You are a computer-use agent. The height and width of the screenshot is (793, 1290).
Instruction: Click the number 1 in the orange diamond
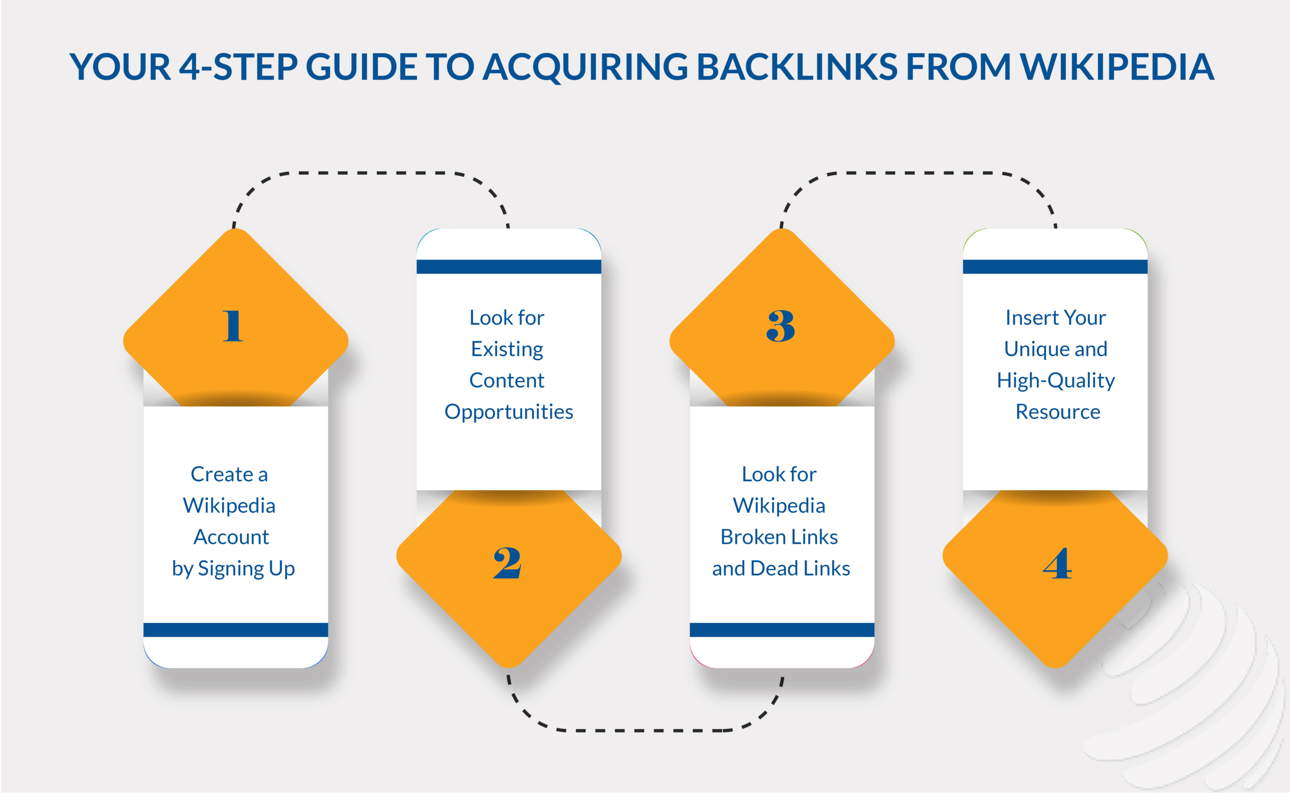[232, 326]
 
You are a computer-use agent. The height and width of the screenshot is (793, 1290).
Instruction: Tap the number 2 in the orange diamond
[507, 563]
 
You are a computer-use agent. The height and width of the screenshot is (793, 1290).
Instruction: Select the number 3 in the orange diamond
[780, 326]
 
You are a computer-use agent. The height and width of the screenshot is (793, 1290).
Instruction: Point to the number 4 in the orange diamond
[1057, 563]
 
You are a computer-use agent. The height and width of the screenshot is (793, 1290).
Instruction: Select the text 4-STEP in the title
[239, 67]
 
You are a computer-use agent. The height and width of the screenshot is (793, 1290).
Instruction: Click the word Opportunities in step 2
[508, 412]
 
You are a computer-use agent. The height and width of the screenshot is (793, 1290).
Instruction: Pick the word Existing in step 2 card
[507, 349]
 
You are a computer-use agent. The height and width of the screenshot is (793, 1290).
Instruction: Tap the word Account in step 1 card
[231, 537]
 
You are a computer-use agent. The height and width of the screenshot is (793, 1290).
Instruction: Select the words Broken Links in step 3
[779, 537]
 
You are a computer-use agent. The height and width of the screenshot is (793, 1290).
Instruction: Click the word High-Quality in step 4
[1056, 381]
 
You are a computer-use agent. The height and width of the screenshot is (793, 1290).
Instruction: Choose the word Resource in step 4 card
[1058, 412]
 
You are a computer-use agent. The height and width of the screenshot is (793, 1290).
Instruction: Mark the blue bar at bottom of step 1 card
[235, 629]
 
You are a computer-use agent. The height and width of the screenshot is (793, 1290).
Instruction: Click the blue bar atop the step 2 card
[508, 267]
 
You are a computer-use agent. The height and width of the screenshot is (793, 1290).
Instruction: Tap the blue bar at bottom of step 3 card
[782, 629]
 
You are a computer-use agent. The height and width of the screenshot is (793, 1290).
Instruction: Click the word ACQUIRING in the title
[585, 67]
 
